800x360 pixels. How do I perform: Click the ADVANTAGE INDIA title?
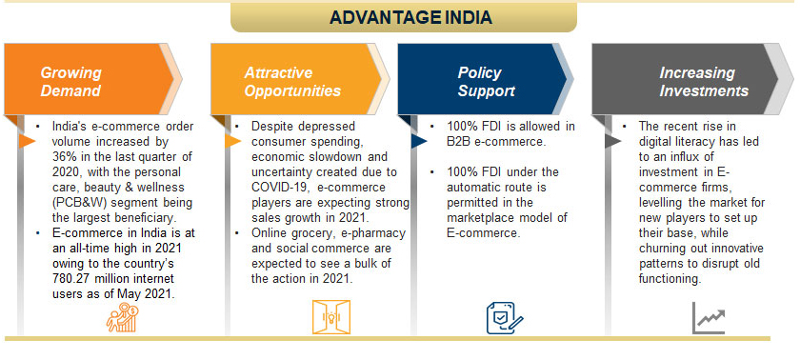click(410, 17)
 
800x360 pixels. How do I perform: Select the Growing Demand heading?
click(70, 82)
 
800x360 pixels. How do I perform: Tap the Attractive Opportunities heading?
click(292, 82)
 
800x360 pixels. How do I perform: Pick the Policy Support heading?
click(487, 82)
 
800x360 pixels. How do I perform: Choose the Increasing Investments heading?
click(704, 82)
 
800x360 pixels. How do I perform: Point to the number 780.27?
click(70, 279)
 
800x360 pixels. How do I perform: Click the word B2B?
click(458, 141)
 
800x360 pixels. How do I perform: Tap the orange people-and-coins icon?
click(123, 317)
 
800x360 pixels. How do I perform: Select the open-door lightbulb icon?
click(331, 317)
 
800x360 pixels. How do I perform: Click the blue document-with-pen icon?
click(505, 318)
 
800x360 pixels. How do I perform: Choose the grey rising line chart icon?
click(709, 318)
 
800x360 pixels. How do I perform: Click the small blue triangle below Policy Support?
click(419, 141)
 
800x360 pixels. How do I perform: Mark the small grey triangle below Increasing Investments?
click(612, 141)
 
